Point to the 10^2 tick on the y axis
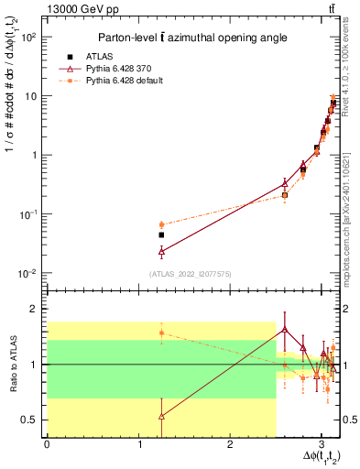coord(30,37)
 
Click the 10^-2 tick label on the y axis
coord(29,273)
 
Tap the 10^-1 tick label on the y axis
coord(29,213)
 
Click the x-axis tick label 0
coord(47,444)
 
